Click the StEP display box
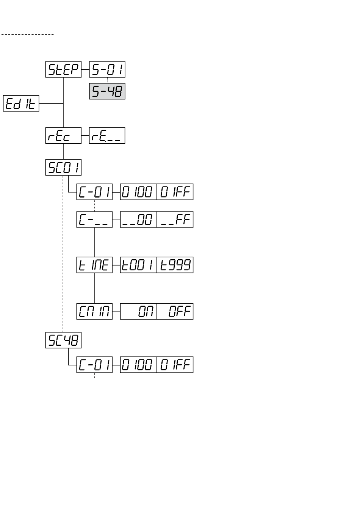coord(63,69)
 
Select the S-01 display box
coord(107,69)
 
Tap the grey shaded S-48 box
coord(107,92)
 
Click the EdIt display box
coord(21,103)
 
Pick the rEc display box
coord(63,135)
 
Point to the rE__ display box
coord(107,135)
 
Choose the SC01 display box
coord(63,168)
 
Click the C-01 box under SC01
coord(94,192)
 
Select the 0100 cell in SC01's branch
coord(138,192)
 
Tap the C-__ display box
coord(94,220)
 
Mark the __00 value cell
coord(138,220)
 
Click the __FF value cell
coord(175,220)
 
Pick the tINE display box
coord(94,265)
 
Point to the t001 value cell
coord(138,265)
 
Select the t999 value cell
coord(175,265)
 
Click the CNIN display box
coord(94,311)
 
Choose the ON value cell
coord(138,311)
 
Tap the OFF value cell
coord(175,311)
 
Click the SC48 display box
coord(63,340)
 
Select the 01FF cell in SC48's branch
coord(175,365)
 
